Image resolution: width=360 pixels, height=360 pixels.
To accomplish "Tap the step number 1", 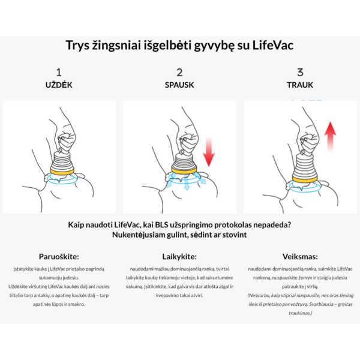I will (x=59, y=73).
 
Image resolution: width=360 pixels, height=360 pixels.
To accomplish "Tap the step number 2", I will (x=179, y=73).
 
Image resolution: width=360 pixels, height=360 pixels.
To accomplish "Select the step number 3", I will (x=300, y=73).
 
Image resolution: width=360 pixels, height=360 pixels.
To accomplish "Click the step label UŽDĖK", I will (x=59, y=85).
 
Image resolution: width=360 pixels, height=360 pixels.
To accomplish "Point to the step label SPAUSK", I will (x=179, y=85).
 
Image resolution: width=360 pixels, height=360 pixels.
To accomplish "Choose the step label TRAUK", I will (x=300, y=85).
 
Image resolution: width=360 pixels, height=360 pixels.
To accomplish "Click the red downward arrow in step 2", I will (x=208, y=151).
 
